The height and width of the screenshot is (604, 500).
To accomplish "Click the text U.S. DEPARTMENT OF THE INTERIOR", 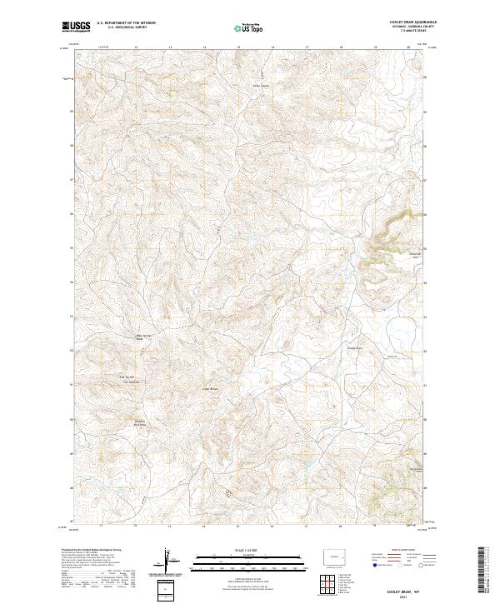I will click(x=126, y=23).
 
